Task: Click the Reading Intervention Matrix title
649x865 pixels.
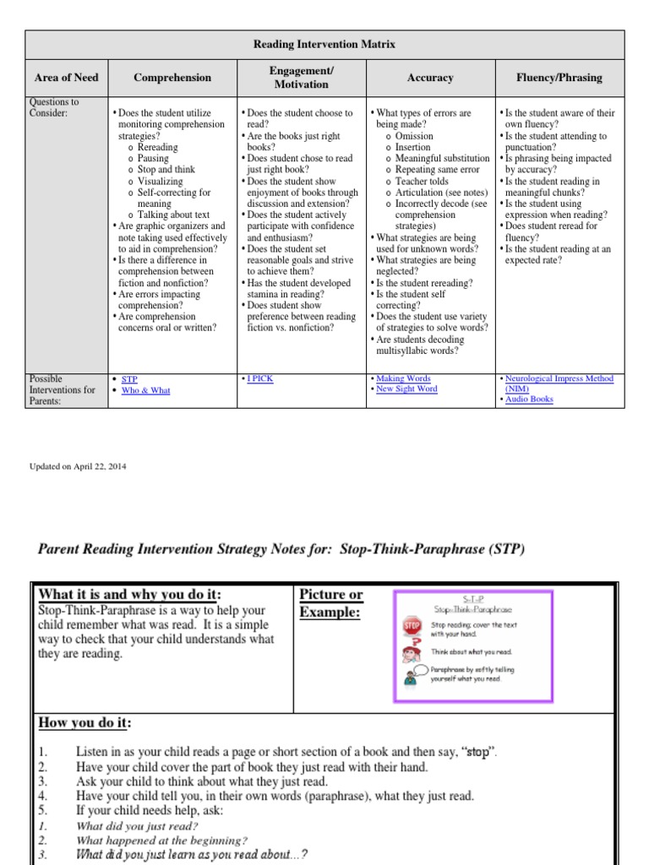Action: click(324, 43)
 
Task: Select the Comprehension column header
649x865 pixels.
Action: click(172, 78)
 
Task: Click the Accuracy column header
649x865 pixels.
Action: click(430, 78)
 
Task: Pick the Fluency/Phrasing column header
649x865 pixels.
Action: click(559, 78)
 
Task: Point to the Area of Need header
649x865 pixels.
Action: click(66, 78)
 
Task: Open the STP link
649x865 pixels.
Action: click(129, 380)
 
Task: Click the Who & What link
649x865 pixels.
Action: click(146, 391)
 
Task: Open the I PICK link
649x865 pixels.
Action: click(260, 379)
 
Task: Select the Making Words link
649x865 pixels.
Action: click(403, 379)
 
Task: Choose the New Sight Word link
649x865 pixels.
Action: click(406, 389)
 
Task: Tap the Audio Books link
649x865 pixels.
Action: click(529, 400)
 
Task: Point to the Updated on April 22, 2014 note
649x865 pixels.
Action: click(79, 466)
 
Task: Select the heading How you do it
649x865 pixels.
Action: click(85, 723)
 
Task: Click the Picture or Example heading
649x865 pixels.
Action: click(332, 603)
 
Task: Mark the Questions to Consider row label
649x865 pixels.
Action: click(54, 107)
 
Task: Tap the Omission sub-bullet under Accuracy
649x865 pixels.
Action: click(414, 136)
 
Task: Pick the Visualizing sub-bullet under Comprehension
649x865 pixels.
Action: click(160, 182)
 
